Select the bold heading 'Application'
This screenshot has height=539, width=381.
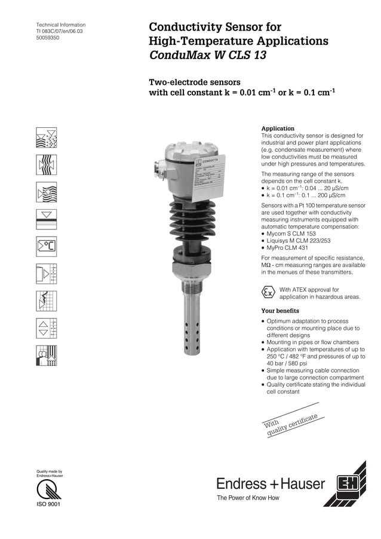click(x=278, y=128)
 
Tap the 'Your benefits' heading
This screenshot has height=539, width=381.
click(x=280, y=311)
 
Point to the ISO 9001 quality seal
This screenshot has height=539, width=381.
click(x=48, y=493)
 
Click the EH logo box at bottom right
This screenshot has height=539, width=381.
click(x=347, y=483)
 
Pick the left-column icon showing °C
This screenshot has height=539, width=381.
click(x=47, y=245)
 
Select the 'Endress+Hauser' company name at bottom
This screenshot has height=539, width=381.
click(x=271, y=483)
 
